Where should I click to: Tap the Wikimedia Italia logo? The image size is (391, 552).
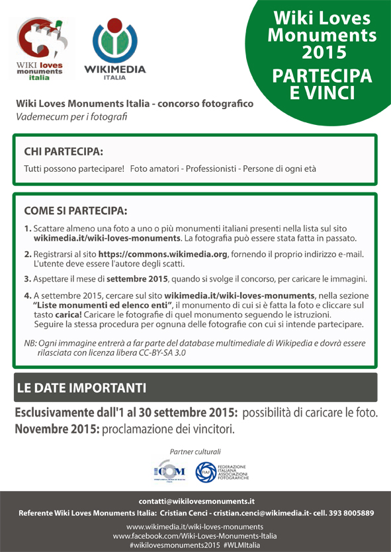pyautogui.click(x=114, y=49)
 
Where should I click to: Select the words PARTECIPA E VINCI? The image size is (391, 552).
pyautogui.click(x=321, y=85)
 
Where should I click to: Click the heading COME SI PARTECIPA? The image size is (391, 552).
pyautogui.click(x=75, y=211)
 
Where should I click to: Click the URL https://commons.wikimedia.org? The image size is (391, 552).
pyautogui.click(x=163, y=254)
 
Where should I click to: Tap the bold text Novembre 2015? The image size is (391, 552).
pyautogui.click(x=58, y=428)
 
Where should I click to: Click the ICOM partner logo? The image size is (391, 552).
pyautogui.click(x=169, y=472)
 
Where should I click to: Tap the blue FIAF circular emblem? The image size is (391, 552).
pyautogui.click(x=206, y=472)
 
